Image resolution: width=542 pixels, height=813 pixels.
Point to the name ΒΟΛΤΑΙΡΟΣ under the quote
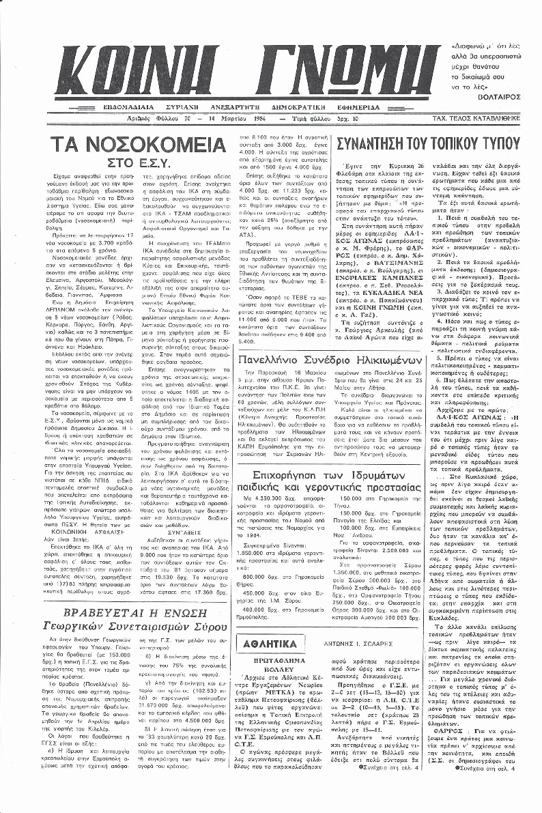pos(502,98)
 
